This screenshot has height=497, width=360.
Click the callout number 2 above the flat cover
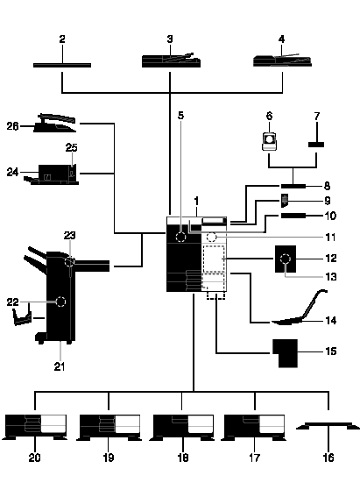[x=62, y=39]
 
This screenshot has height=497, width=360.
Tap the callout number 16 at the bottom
[x=328, y=458]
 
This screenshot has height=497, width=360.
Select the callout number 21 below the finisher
[x=60, y=366]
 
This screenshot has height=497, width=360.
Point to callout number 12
[x=331, y=259]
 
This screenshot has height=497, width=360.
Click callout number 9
[x=328, y=201]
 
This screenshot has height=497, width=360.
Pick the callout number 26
[x=12, y=126]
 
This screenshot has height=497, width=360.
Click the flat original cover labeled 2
[x=62, y=65]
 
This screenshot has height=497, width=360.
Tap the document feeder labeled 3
[x=171, y=60]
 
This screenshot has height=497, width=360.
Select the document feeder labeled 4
[x=282, y=60]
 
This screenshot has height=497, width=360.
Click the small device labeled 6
[x=269, y=142]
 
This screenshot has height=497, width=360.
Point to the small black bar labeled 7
[x=316, y=145]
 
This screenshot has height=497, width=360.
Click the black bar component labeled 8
[x=293, y=186]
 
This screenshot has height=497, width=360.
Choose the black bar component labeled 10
[x=293, y=216]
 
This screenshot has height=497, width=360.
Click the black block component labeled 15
[x=286, y=353]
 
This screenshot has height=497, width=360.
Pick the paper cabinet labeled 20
[x=35, y=427]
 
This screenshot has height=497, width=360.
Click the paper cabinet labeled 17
[x=254, y=427]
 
